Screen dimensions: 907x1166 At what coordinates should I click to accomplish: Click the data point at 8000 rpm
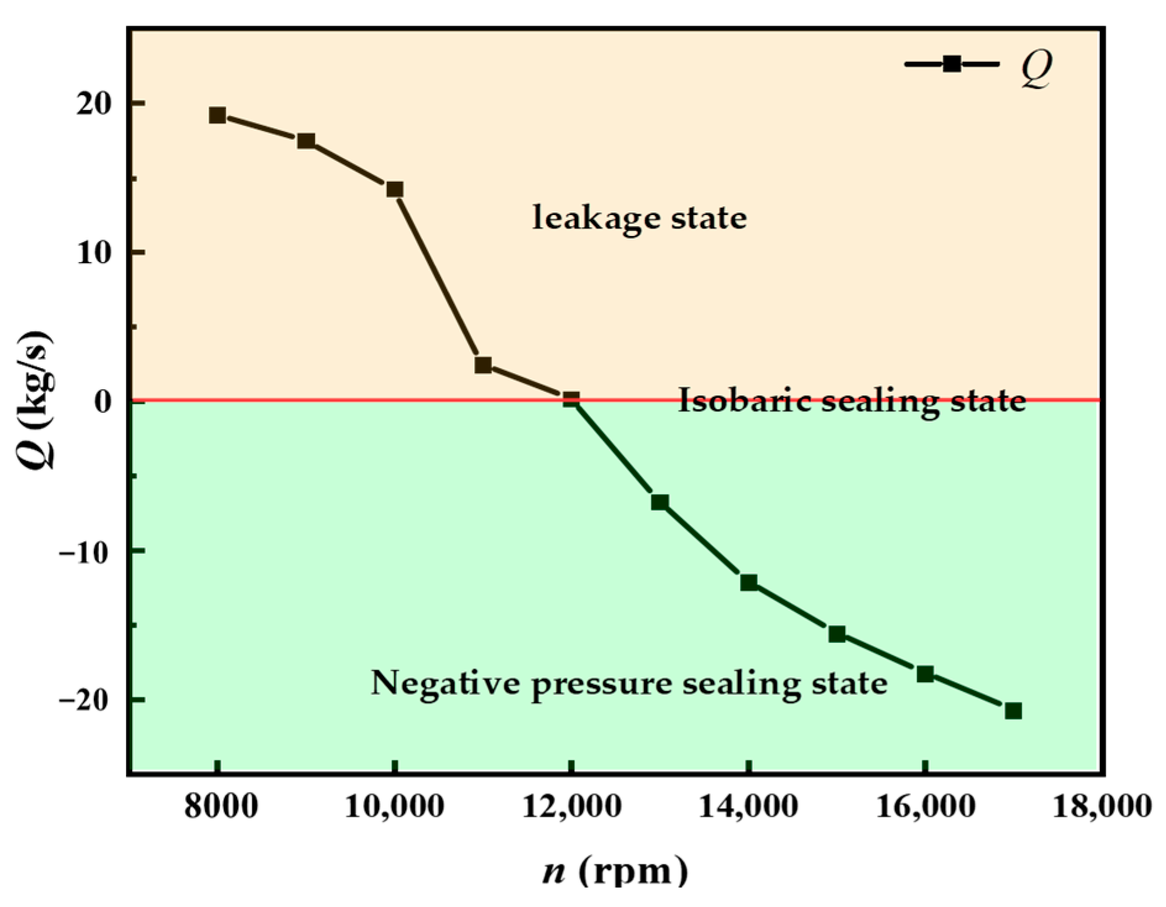217,115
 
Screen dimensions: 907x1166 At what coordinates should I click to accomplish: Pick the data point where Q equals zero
571,399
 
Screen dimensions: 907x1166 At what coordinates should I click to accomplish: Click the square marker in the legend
952,64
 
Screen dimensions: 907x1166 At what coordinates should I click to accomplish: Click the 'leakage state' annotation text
639,218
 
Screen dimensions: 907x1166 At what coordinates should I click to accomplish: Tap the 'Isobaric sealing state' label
852,401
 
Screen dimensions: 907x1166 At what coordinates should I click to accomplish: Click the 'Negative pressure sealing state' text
629,683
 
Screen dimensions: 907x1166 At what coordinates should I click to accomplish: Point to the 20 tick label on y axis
94,104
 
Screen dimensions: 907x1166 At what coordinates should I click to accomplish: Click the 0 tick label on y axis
103,402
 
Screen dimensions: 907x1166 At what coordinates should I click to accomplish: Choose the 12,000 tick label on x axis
572,807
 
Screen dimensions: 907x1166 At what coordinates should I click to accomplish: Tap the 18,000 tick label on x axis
1102,807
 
